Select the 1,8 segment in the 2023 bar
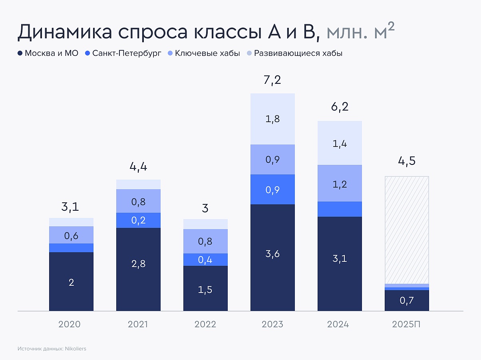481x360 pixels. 272,119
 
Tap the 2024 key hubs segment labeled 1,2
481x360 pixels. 340,184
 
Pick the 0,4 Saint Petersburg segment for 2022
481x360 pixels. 205,260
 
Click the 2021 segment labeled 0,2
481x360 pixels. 138,220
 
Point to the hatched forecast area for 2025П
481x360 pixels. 407,229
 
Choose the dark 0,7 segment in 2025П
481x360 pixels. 407,301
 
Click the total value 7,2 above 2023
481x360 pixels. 272,80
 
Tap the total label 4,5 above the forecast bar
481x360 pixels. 407,162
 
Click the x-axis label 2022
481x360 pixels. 205,324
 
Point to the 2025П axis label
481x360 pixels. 407,324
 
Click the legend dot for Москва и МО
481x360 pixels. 20,53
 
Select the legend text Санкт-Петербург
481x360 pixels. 126,53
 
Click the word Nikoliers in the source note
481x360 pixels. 75,348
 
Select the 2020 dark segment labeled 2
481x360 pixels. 71,282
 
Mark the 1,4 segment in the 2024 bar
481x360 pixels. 340,143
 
